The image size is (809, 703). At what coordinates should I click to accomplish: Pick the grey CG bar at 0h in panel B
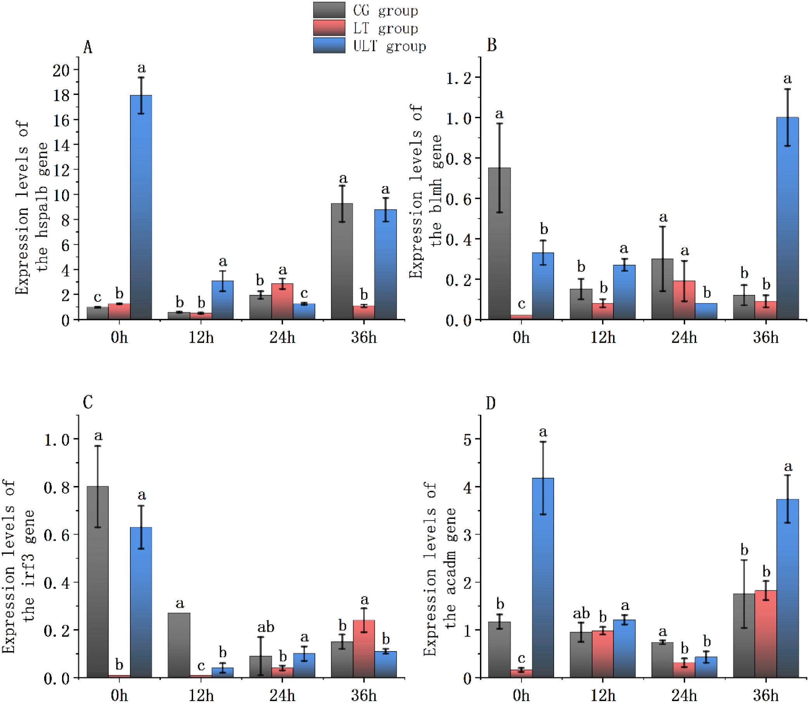coord(499,243)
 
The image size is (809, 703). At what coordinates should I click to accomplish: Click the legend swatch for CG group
coord(329,10)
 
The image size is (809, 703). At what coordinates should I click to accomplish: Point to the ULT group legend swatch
coord(329,45)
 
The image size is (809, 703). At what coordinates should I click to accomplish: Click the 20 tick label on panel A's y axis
coord(61,71)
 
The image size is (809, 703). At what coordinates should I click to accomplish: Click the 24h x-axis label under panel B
coord(684,338)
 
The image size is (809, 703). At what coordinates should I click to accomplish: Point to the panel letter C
coord(88,402)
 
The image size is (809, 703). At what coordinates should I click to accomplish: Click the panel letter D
coord(490,403)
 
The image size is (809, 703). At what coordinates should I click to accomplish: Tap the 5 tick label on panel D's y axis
coord(467,440)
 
